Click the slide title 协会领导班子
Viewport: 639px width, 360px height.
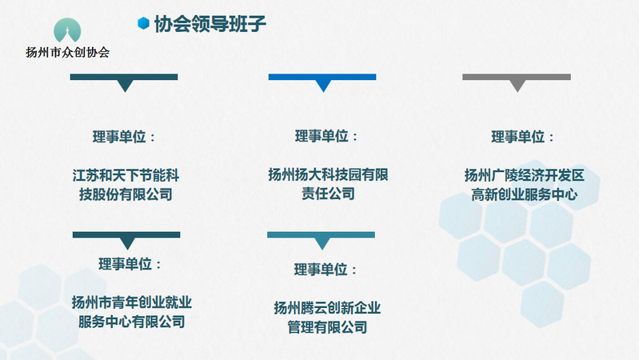(x=210, y=24)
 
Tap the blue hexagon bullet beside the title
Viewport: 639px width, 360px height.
(x=143, y=23)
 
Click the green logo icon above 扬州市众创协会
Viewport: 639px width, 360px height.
(x=67, y=30)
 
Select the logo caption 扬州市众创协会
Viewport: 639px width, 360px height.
(x=68, y=52)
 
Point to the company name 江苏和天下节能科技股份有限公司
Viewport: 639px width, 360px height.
(x=126, y=185)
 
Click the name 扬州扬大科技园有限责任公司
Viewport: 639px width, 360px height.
(x=328, y=184)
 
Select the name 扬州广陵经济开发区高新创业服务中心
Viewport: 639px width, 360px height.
(x=525, y=185)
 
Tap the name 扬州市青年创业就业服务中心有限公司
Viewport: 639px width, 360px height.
(x=132, y=312)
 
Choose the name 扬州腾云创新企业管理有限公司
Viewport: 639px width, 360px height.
(x=327, y=317)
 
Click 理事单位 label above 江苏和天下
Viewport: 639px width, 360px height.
(x=124, y=137)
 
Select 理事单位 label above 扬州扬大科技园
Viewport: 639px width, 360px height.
(x=326, y=136)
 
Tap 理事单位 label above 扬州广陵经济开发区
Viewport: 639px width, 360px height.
(x=522, y=137)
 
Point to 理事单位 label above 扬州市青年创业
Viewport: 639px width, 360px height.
(x=130, y=264)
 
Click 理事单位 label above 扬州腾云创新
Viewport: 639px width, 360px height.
(x=325, y=269)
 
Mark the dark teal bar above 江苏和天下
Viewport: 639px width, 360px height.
(x=124, y=77)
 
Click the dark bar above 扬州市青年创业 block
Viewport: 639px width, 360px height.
(x=126, y=235)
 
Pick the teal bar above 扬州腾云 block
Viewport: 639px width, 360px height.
(x=321, y=235)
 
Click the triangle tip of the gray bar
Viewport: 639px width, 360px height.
(x=517, y=92)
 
